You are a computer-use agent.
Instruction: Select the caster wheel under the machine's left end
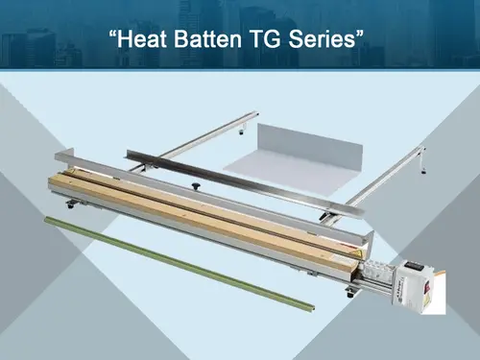pos(72,204)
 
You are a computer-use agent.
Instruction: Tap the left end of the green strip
pos(48,219)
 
